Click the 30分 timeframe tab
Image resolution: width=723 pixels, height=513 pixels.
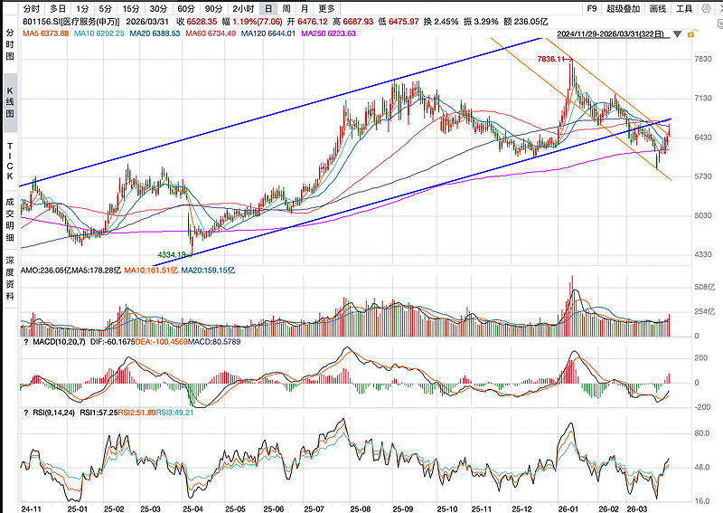coord(157,8)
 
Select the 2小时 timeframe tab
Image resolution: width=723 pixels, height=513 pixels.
coord(242,8)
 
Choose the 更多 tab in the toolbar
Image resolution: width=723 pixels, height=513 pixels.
coord(326,8)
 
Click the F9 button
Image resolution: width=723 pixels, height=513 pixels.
coord(592,8)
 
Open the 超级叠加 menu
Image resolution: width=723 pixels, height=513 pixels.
coord(624,8)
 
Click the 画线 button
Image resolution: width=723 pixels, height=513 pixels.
coord(659,8)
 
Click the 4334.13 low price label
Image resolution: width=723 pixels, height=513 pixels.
coord(172,255)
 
